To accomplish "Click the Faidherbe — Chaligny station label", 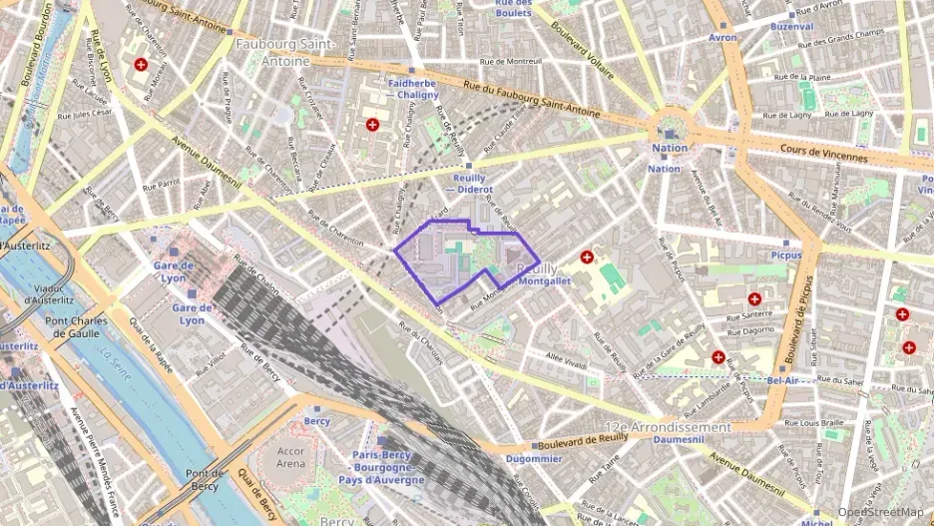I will (x=412, y=89).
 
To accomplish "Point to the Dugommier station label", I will (x=527, y=459).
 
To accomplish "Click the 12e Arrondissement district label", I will (x=668, y=426).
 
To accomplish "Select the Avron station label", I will (x=722, y=38).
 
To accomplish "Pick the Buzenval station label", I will (x=792, y=27).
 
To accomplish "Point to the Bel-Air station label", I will (x=785, y=380).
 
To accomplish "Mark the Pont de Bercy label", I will (x=204, y=479).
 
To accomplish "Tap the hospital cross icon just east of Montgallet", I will (x=587, y=257).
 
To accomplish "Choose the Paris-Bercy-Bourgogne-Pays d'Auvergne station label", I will (x=388, y=467).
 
